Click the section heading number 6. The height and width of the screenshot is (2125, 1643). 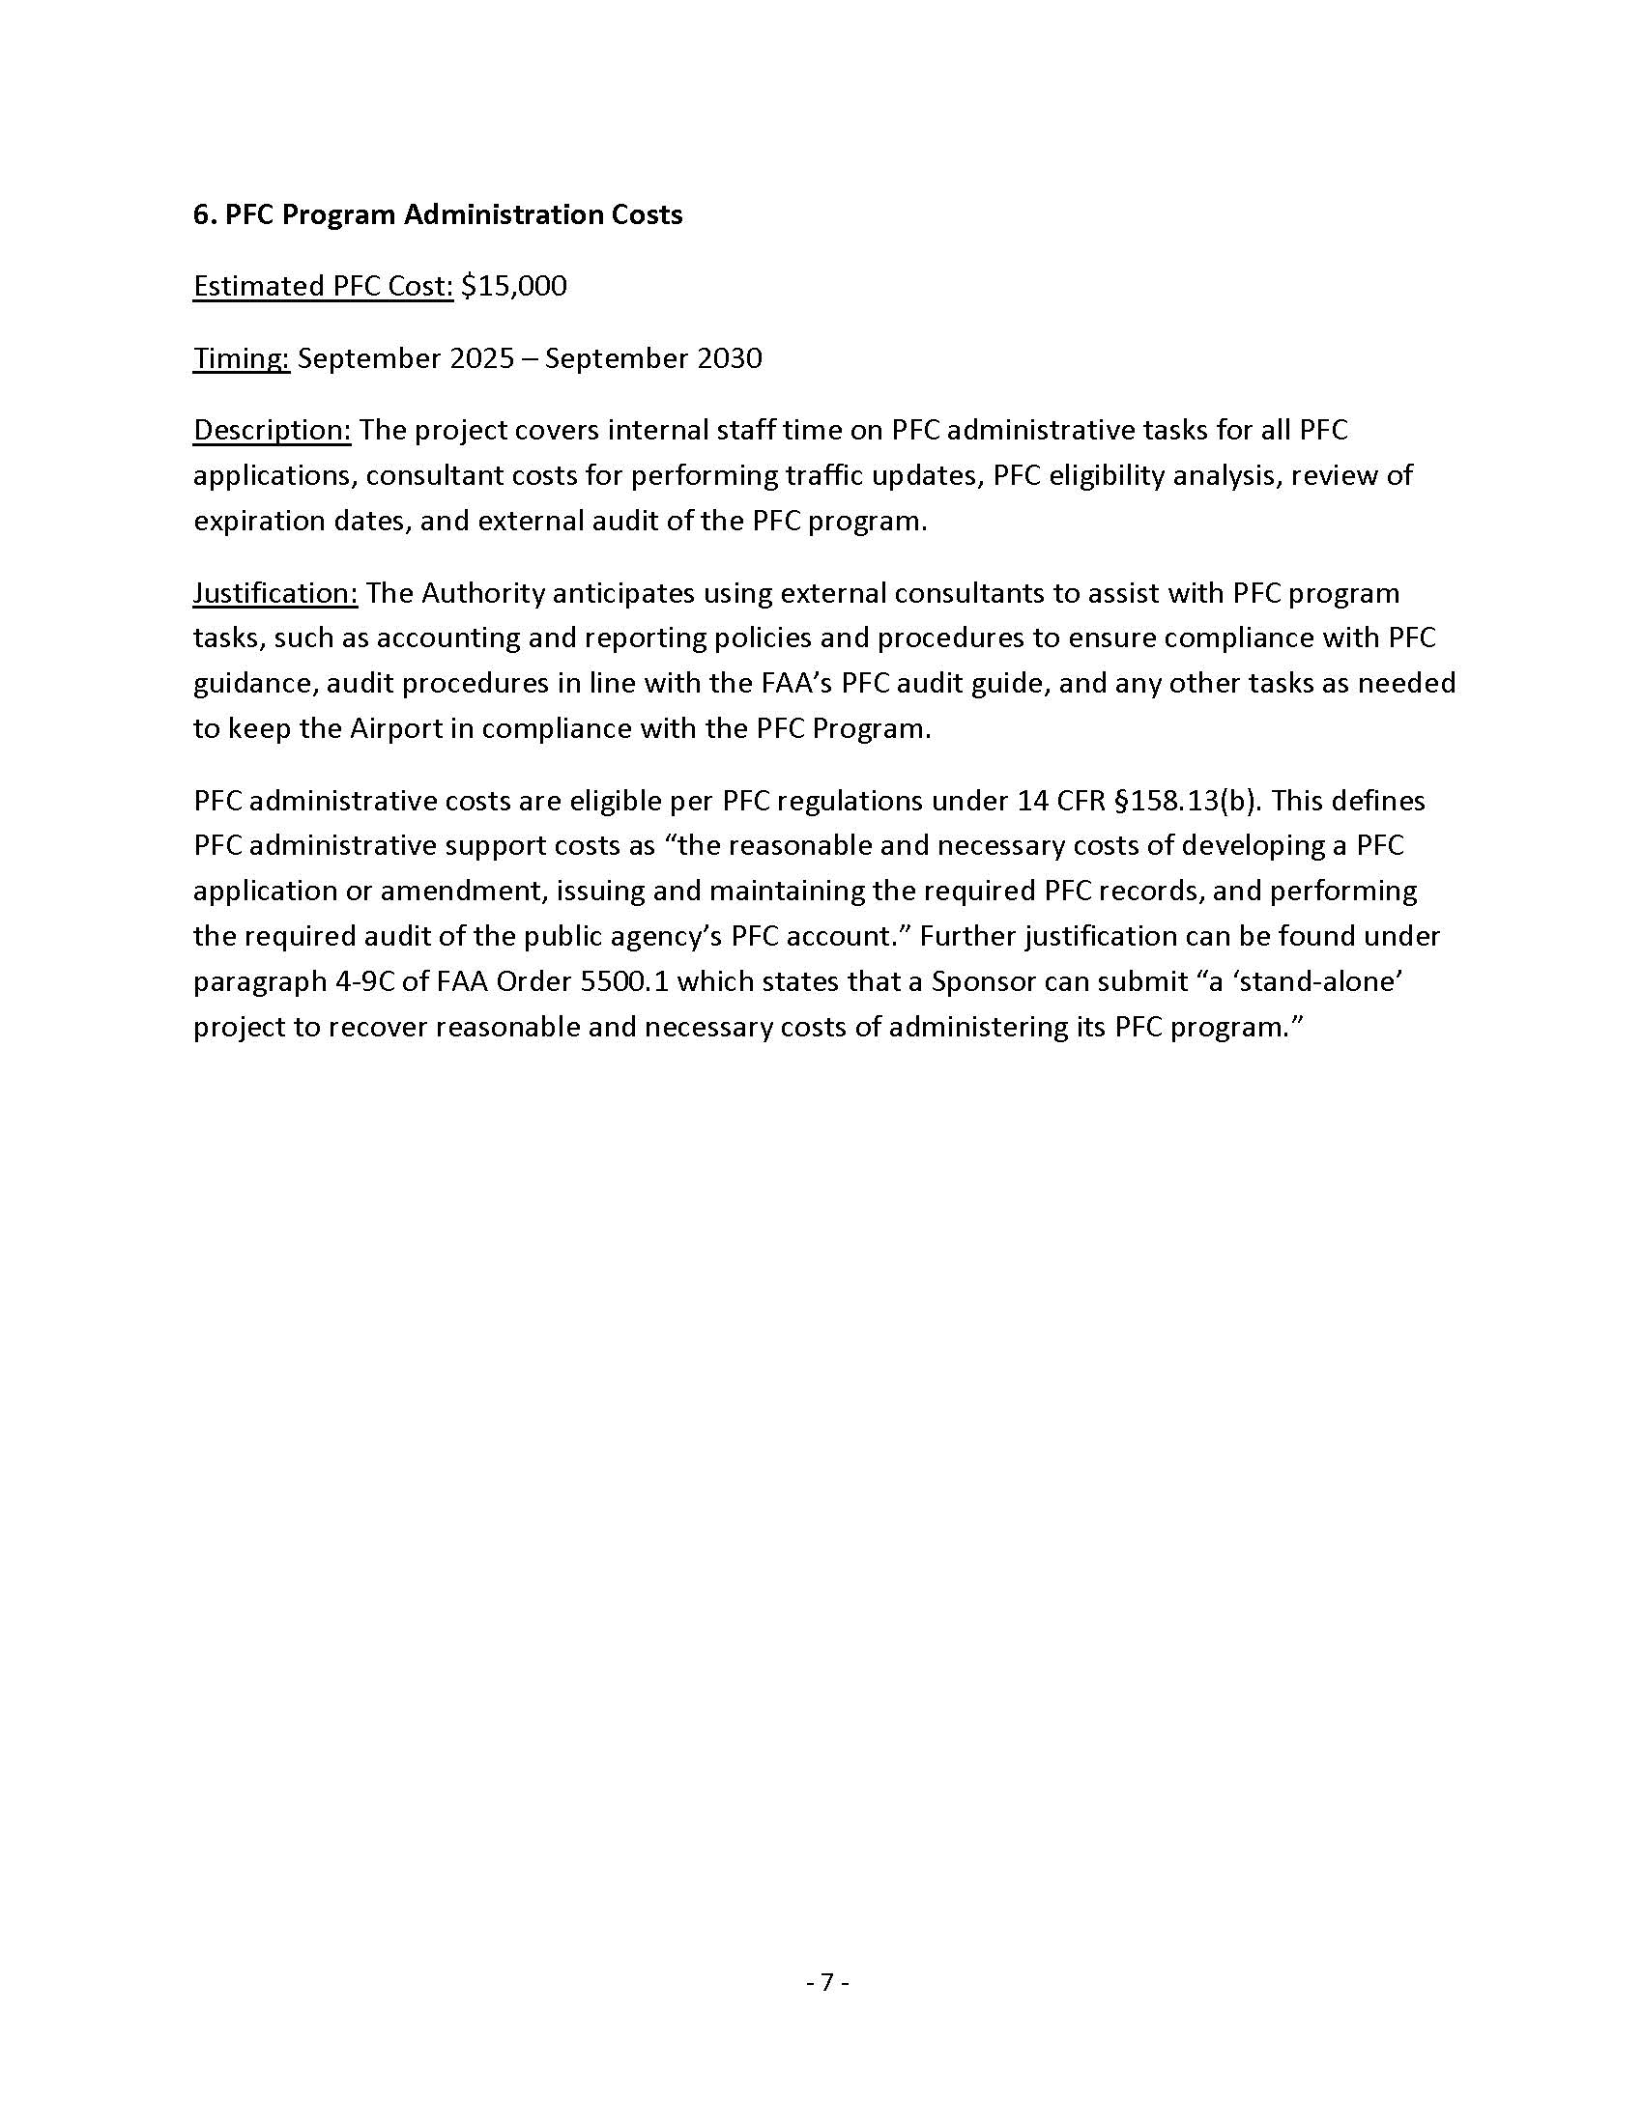pyautogui.click(x=201, y=215)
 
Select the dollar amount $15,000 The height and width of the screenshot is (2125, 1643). pyautogui.click(x=514, y=286)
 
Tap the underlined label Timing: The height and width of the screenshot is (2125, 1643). pyautogui.click(x=242, y=359)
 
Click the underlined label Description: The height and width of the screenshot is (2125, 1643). pyautogui.click(x=272, y=430)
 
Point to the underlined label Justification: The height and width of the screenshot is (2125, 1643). pyautogui.click(x=275, y=593)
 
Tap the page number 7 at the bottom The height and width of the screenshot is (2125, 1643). pyautogui.click(x=827, y=1982)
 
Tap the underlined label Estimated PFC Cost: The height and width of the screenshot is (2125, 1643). pyautogui.click(x=323, y=286)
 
